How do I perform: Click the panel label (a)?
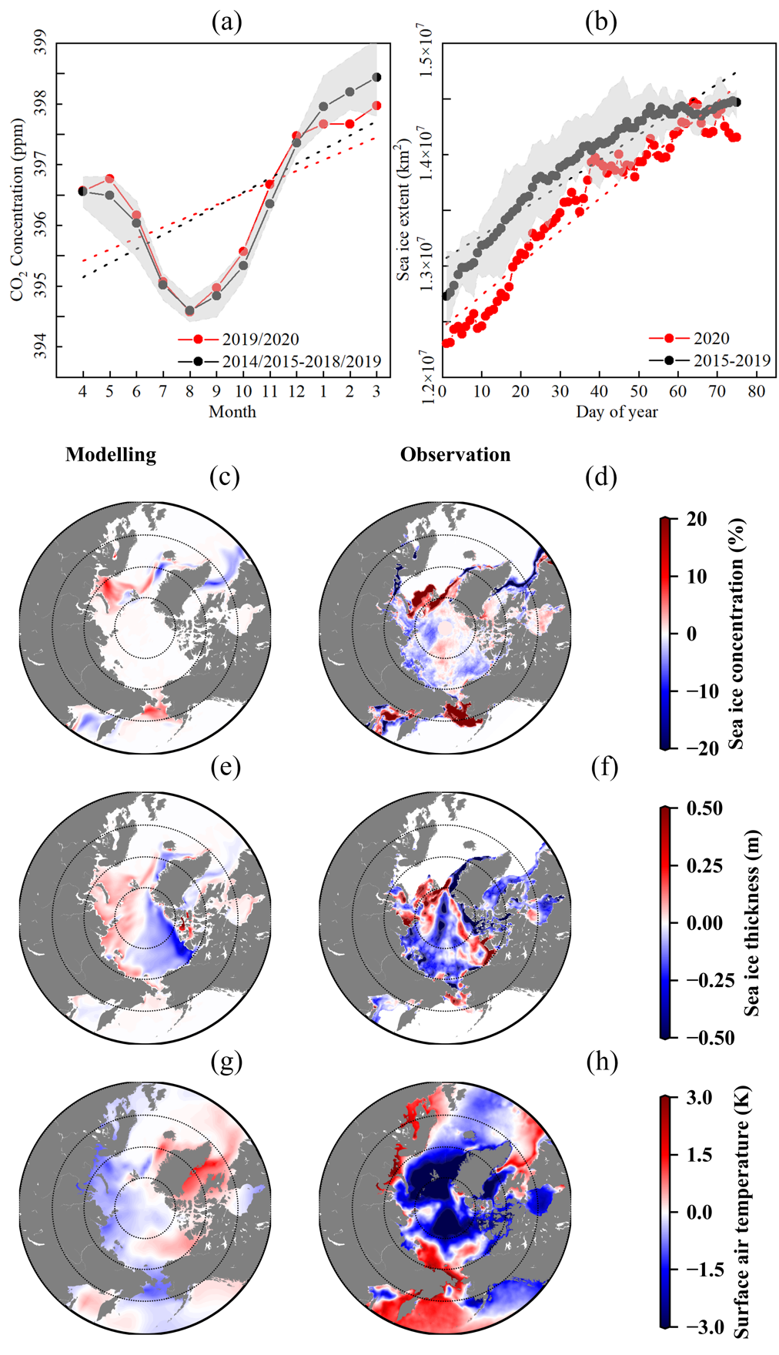226,22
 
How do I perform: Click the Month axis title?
232,412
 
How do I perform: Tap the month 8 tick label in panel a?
189,392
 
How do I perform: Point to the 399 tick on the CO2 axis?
40,42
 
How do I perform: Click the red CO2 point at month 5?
109,179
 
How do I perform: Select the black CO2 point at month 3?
376,77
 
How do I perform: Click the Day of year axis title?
617,412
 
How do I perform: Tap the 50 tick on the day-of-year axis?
638,392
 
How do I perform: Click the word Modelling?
111,455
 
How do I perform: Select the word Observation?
455,455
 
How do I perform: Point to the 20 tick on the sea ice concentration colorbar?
697,519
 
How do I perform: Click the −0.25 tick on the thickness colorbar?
704,980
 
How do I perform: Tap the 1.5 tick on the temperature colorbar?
699,1155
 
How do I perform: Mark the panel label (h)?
602,1062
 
